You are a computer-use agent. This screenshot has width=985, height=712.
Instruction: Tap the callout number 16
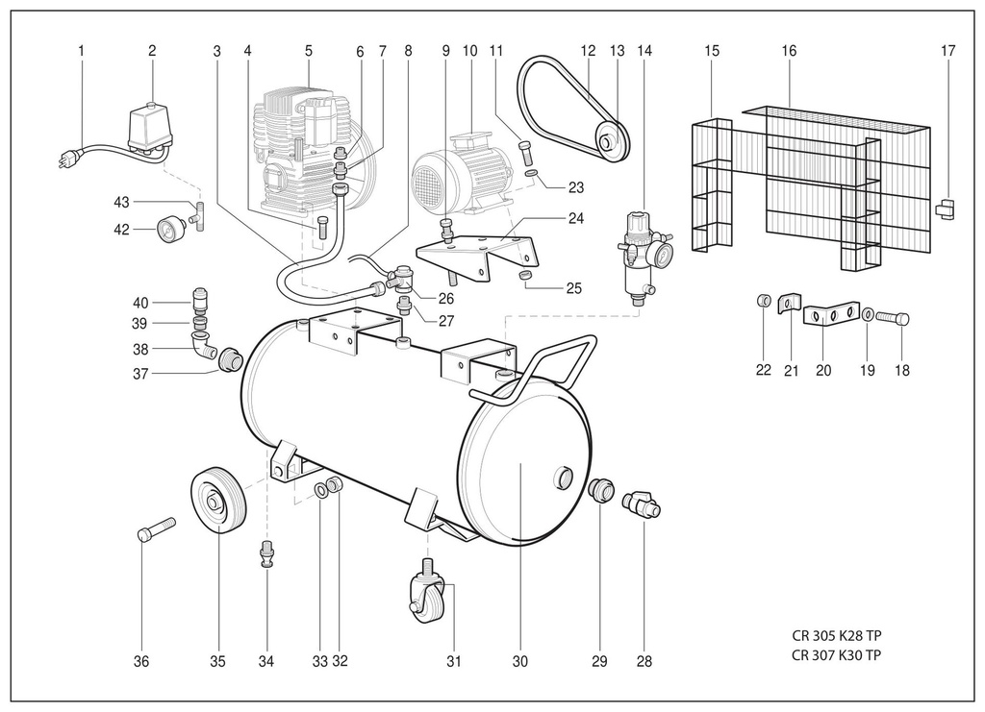(x=789, y=51)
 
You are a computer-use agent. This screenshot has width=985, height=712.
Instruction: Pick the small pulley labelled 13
(x=609, y=141)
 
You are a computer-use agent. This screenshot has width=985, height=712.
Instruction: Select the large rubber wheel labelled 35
(x=217, y=500)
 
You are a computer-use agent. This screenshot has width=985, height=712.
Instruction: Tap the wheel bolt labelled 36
(x=155, y=528)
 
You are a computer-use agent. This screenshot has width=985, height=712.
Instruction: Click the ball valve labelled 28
(x=642, y=503)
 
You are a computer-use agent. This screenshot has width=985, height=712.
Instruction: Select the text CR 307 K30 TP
(x=836, y=655)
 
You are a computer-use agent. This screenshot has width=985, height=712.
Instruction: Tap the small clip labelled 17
(x=946, y=209)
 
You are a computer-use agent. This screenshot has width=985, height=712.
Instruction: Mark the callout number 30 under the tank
(x=520, y=661)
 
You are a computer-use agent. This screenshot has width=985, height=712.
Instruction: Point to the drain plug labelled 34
(x=266, y=553)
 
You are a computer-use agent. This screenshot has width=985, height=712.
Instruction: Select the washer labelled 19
(x=867, y=313)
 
